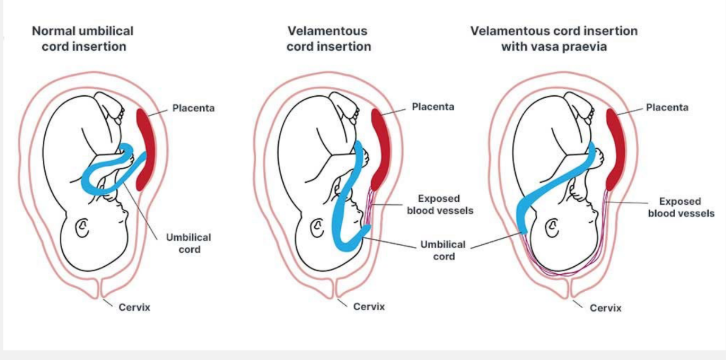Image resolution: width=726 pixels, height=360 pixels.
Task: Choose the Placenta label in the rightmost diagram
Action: coord(665,107)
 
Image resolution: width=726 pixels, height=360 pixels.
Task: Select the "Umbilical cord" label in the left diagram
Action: coord(189,242)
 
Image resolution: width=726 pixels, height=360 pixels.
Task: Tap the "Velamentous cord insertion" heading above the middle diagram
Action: coord(329,37)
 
